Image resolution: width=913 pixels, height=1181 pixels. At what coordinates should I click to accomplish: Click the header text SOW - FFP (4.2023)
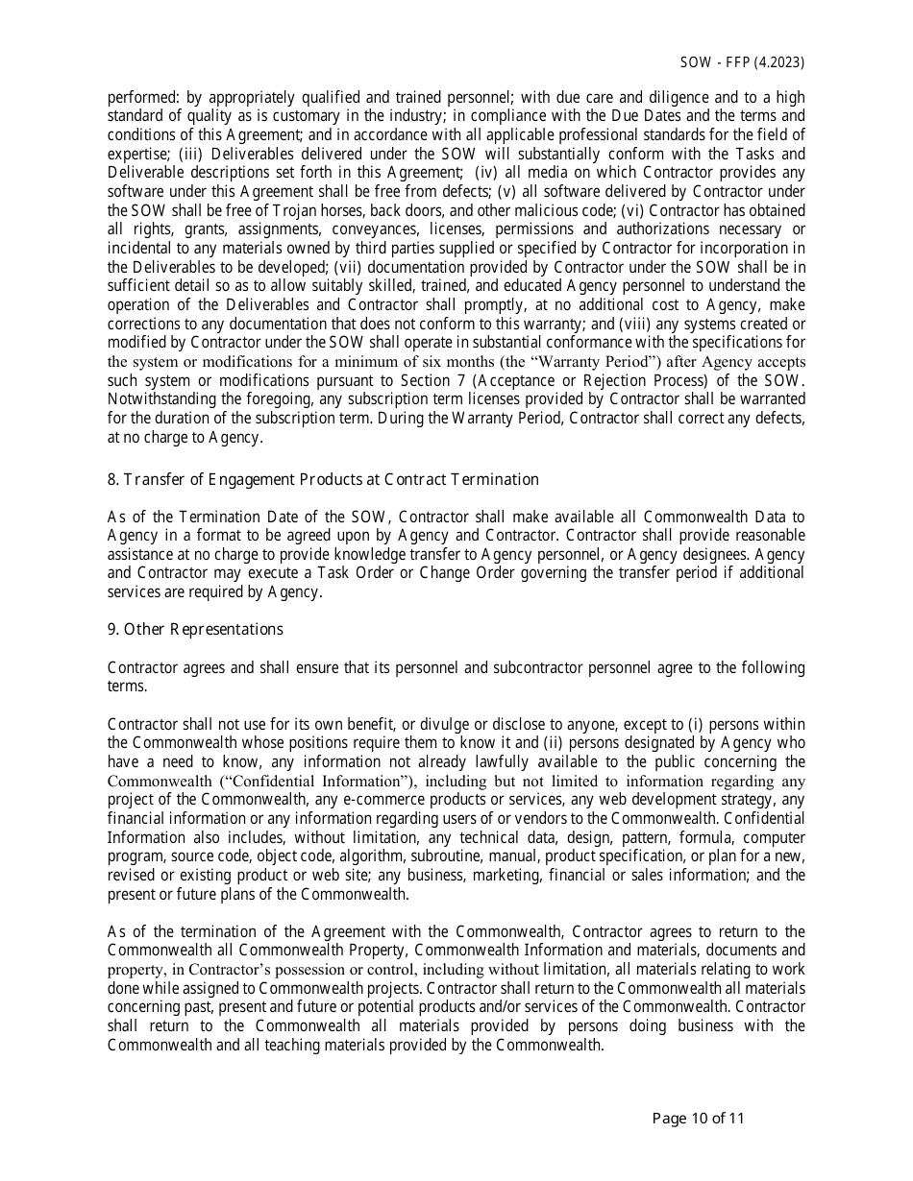point(741,62)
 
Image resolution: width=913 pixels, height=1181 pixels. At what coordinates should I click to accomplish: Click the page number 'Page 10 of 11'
point(698,1118)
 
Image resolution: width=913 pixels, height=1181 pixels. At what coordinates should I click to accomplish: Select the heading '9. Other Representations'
point(195,629)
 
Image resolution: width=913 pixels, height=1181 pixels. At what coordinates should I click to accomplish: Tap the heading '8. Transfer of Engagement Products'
point(322,479)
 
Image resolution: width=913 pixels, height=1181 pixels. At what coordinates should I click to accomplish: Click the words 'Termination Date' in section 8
point(233,517)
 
